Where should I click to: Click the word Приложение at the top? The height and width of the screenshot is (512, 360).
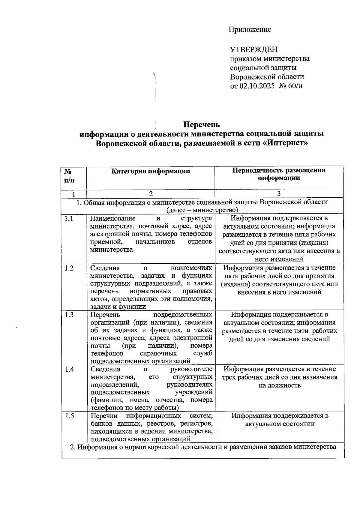point(250,29)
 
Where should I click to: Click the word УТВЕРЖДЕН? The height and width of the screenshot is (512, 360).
point(253,49)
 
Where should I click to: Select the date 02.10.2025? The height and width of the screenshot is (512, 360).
point(257,86)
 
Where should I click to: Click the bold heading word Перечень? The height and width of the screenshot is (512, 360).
point(202,124)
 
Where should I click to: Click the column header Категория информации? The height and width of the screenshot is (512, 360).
point(151,171)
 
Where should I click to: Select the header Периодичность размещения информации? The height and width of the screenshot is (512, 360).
point(279,174)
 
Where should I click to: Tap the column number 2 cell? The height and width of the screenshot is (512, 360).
point(151,194)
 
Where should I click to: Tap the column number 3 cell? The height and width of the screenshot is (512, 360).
point(279,194)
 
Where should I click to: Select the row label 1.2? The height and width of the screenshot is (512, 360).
point(69,268)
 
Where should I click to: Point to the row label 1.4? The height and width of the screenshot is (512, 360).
point(69,369)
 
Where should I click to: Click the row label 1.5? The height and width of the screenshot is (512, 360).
point(69,416)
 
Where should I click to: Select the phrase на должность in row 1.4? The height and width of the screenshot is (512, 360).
point(279,385)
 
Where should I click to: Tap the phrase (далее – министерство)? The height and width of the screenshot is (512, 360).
point(202,210)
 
